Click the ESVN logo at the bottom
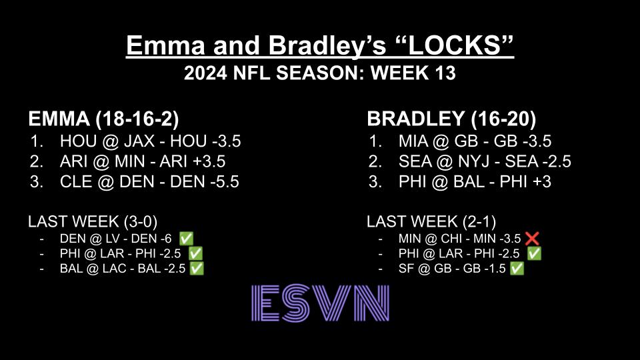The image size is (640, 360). point(320,303)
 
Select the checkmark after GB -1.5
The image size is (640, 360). point(517,269)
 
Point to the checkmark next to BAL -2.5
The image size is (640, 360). point(197,269)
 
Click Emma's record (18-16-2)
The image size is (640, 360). point(138,119)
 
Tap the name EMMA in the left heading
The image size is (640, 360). point(59,119)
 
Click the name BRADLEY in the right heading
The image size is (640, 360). point(409,119)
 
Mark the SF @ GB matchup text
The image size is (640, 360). point(421,269)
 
